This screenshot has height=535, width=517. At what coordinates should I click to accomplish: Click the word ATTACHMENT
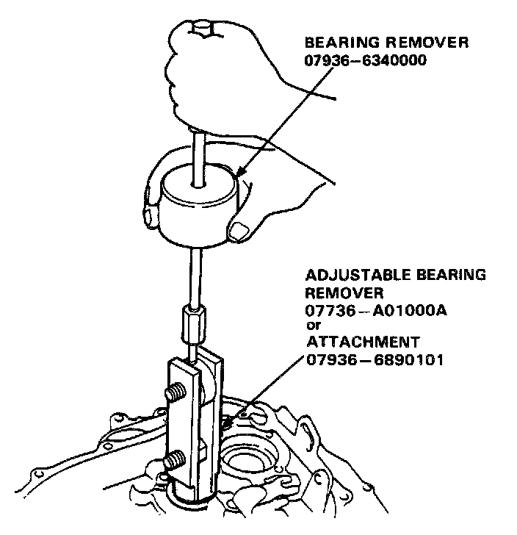click(362, 342)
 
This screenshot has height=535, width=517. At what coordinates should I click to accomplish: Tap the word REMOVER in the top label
click(427, 43)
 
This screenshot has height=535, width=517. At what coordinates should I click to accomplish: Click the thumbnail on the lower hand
click(240, 232)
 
